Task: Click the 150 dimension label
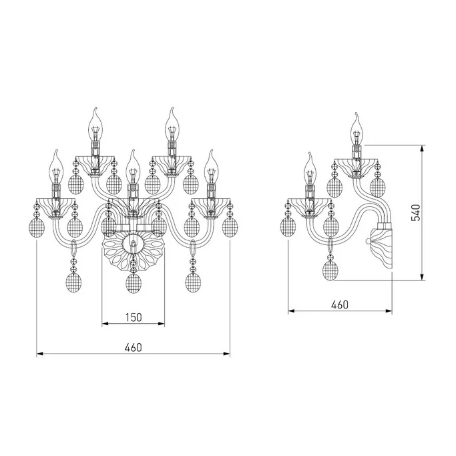click(x=134, y=317)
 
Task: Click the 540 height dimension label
click(x=416, y=212)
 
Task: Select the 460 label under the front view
click(x=133, y=347)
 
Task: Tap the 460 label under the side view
click(x=340, y=304)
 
